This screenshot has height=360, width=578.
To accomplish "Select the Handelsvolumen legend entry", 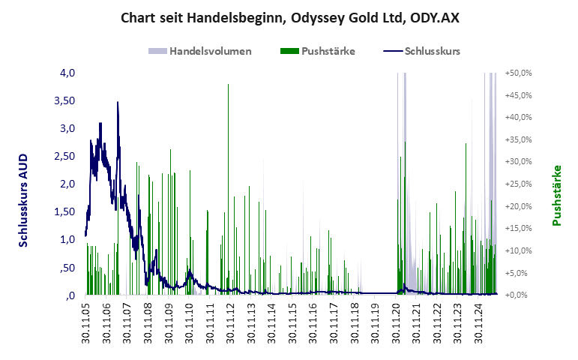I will coord(200,52).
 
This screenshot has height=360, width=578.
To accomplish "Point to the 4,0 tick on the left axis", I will coord(67,73).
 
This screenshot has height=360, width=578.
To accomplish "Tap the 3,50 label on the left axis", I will coord(64,100).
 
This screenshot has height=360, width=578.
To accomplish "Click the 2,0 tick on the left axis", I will coord(67,184).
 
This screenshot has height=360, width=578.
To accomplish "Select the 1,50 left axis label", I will coord(64,211).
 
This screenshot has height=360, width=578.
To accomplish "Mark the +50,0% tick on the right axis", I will coord(518,73).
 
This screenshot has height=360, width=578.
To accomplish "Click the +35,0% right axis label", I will coord(518,139).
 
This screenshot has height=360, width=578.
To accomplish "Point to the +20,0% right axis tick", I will coord(518,206).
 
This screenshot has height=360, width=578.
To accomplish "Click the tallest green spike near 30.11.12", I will coord(228,85).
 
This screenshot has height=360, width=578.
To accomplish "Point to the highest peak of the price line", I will coord(118,103).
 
